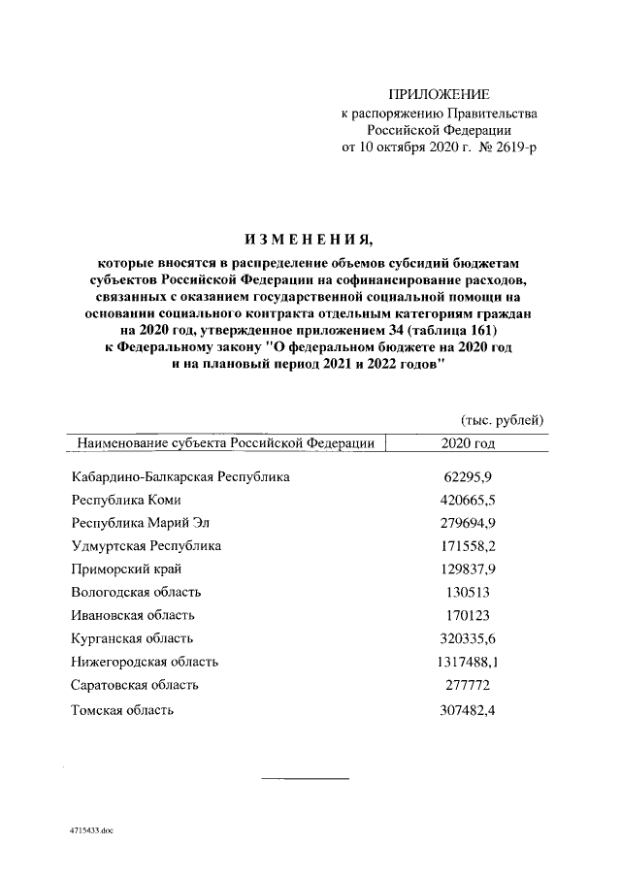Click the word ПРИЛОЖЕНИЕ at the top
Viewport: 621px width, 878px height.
439,94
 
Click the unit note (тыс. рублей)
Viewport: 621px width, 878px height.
502,419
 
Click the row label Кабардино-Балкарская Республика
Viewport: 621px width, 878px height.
180,477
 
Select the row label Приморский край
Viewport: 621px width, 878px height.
126,569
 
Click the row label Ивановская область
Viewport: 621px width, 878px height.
133,615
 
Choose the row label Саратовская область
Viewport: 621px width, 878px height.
135,685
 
